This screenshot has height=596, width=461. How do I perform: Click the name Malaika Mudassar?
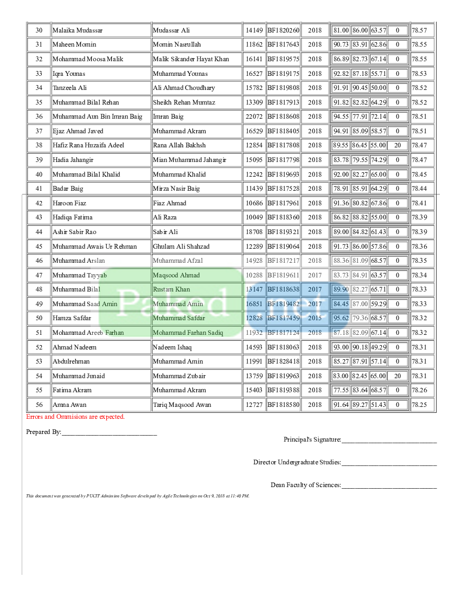click(x=78, y=30)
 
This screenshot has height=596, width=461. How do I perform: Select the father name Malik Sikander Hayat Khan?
click(x=190, y=59)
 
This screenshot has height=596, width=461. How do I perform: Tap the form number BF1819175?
click(x=283, y=73)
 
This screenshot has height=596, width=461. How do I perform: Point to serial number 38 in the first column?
click(x=39, y=145)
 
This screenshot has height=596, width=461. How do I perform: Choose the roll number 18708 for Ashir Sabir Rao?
click(x=254, y=232)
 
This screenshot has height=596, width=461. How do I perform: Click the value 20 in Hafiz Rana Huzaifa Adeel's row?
click(x=398, y=145)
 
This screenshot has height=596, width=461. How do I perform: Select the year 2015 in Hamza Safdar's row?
click(x=315, y=318)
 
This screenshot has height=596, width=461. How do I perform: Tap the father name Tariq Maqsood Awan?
click(x=182, y=405)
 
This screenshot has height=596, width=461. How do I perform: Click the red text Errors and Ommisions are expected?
click(x=75, y=417)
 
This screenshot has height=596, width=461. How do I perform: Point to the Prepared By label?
click(x=44, y=432)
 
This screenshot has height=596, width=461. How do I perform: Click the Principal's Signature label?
click(x=312, y=439)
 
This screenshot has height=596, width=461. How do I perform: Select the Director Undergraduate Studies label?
click(x=297, y=462)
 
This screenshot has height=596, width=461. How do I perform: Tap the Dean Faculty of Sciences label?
click(x=306, y=485)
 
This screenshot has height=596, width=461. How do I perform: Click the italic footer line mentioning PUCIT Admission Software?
click(x=138, y=496)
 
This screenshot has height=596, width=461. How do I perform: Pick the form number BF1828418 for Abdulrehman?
click(x=283, y=361)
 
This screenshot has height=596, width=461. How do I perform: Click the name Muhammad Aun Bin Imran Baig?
click(x=97, y=116)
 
